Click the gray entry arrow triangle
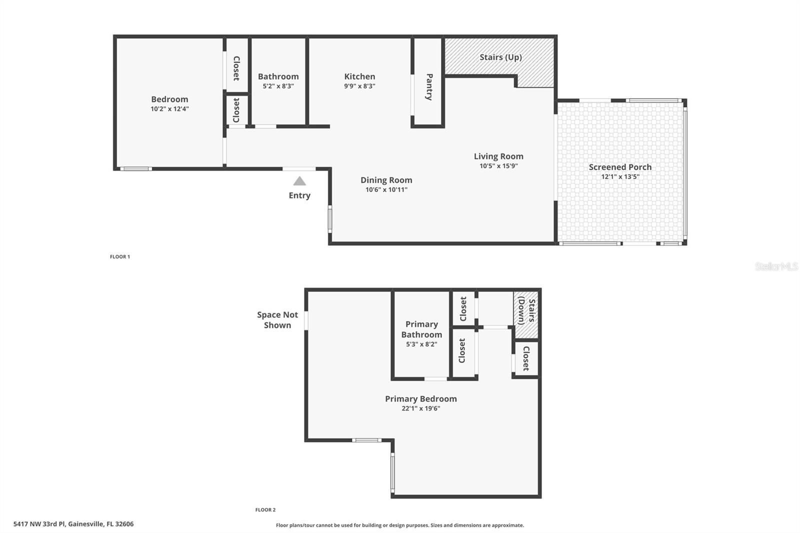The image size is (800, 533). point(299,181)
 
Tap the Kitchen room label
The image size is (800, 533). point(359,76)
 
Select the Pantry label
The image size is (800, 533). point(429,87)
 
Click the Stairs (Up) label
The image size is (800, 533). point(500,57)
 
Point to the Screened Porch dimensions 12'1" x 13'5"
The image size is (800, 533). point(620,176)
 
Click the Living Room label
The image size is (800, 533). point(498,156)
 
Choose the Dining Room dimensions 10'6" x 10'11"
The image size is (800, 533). point(386,189)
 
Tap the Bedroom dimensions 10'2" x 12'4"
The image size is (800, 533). point(169,108)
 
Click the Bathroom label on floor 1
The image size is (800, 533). point(278,76)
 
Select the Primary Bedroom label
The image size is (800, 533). point(420,398)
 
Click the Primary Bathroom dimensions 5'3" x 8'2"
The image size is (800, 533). point(421,344)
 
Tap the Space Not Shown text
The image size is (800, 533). point(277,320)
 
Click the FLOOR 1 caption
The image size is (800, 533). point(120,256)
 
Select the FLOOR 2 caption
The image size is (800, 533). point(265,509)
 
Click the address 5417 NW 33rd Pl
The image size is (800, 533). point(73,524)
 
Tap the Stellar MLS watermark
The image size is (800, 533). point(776,266)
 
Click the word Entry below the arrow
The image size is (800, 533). point(299,195)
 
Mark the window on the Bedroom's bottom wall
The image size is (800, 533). point(136,168)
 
